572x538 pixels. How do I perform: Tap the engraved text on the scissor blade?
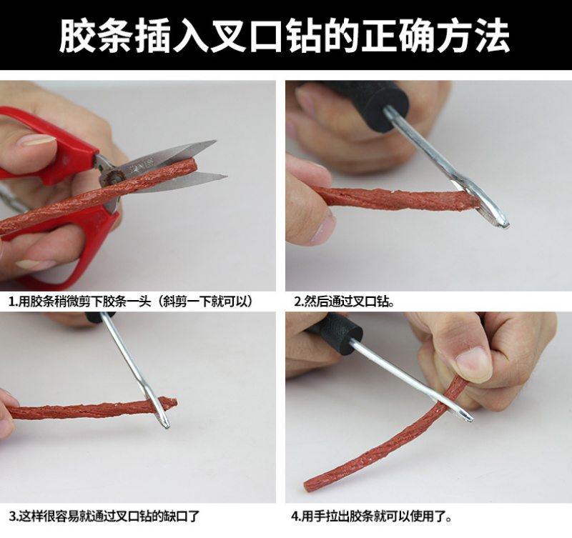click(141, 167)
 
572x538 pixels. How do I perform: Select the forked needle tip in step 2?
click(504, 224)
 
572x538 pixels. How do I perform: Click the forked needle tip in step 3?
click(165, 424)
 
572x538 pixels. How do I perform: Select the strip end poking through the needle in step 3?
click(171, 403)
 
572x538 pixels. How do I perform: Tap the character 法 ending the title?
click(492, 35)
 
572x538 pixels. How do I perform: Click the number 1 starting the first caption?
click(12, 302)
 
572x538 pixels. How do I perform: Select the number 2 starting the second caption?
click(297, 302)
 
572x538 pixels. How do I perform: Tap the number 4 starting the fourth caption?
click(295, 516)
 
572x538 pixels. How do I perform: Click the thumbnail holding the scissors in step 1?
click(36, 140)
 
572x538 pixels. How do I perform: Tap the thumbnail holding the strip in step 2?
click(327, 226)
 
